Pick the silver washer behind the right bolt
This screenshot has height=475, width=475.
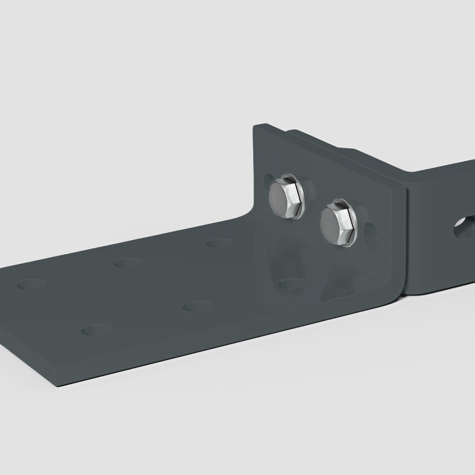[352, 226]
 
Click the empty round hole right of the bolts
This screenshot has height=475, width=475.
[371, 234]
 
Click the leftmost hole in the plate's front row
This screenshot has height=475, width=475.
[95, 329]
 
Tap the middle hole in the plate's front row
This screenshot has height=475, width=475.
[197, 306]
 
